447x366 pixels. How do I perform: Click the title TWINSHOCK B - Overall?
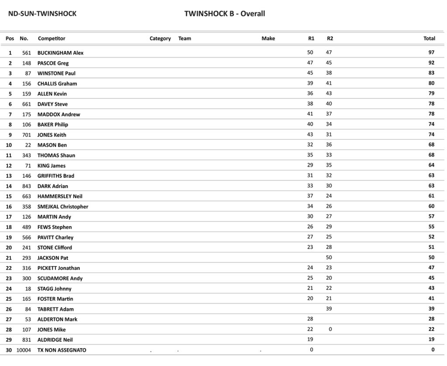(x=224, y=14)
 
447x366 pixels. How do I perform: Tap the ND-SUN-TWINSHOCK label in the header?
(x=42, y=14)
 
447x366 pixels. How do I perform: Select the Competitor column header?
(x=52, y=38)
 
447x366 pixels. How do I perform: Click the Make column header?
(x=268, y=38)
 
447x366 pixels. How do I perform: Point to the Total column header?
(x=429, y=38)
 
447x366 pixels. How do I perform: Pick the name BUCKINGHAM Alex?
(x=60, y=53)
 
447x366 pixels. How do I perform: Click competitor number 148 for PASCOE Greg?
(x=27, y=63)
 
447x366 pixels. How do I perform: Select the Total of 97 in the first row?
(x=431, y=52)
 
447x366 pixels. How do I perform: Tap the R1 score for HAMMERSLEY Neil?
(x=310, y=196)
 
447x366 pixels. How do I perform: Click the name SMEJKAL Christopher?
(x=63, y=207)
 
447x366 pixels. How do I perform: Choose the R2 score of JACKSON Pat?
(x=329, y=257)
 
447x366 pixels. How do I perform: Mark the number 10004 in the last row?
(x=24, y=350)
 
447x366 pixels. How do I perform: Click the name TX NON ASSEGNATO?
(x=62, y=350)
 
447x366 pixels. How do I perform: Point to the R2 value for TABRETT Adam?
(x=329, y=308)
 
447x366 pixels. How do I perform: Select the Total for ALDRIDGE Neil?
(x=431, y=339)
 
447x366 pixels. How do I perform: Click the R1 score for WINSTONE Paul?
(x=310, y=73)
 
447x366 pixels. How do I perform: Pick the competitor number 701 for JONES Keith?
(x=27, y=135)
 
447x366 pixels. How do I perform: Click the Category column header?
(x=160, y=38)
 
